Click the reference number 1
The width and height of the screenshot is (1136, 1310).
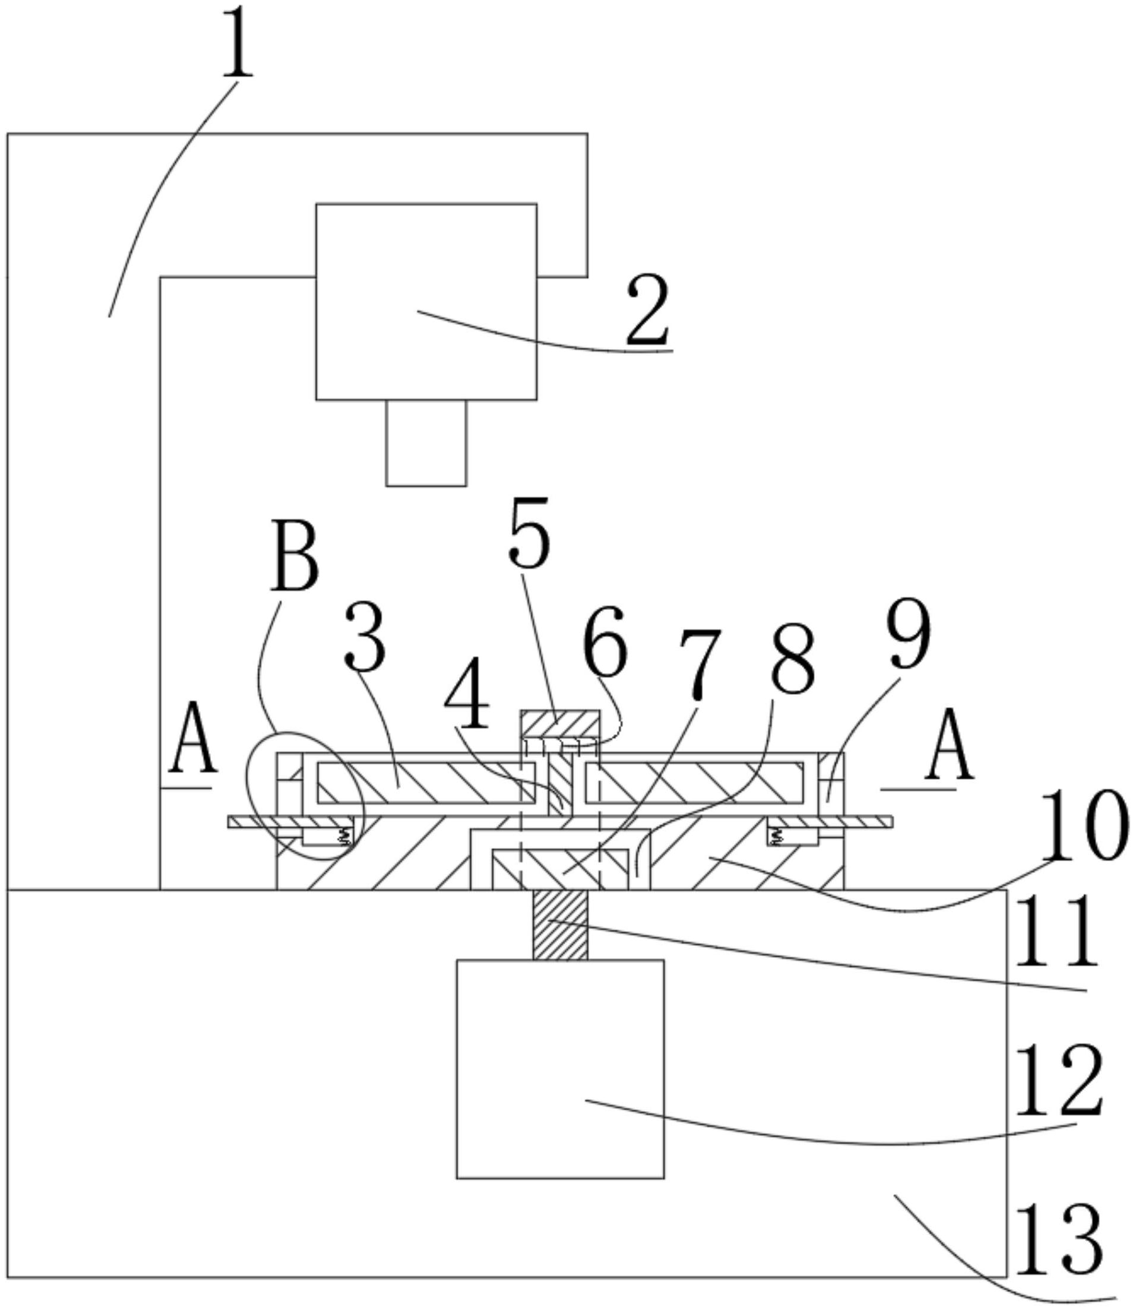pyautogui.click(x=238, y=43)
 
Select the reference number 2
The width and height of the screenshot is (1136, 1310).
pyautogui.click(x=648, y=311)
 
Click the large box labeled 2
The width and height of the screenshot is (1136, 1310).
pyautogui.click(x=426, y=301)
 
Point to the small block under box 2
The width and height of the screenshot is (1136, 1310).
pyautogui.click(x=426, y=442)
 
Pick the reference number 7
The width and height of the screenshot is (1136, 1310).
pyautogui.click(x=699, y=665)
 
